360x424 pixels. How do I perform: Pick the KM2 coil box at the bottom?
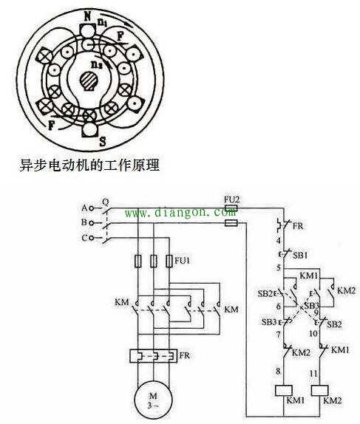tap(322, 390)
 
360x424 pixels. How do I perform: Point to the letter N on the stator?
tap(87, 15)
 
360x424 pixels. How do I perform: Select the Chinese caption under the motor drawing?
tap(89, 166)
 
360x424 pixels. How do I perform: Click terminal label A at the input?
tap(85, 208)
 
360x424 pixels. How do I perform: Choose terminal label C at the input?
tap(85, 237)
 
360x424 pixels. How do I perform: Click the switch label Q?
tap(105, 200)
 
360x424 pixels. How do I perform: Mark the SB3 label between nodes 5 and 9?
tap(312, 304)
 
